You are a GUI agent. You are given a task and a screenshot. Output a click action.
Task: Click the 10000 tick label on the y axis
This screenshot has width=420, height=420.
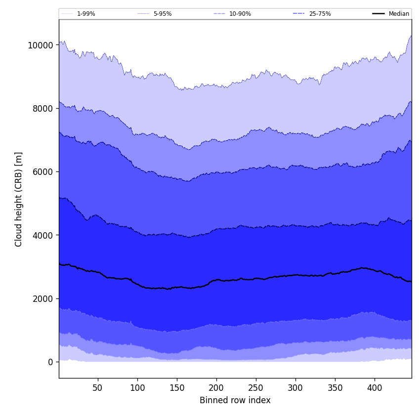pos(41,45)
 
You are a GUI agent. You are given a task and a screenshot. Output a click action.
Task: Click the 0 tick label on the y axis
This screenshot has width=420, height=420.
pos(50,362)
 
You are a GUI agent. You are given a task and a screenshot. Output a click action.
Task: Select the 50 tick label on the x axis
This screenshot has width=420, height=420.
pos(98,388)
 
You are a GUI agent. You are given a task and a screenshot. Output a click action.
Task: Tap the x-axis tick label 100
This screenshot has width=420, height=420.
pos(137,388)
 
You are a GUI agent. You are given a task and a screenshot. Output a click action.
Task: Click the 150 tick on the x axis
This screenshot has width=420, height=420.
pos(177,388)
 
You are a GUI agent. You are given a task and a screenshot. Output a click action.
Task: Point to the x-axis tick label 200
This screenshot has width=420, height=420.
pos(216,388)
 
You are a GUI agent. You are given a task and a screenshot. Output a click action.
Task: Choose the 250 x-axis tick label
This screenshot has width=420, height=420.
pos(256,388)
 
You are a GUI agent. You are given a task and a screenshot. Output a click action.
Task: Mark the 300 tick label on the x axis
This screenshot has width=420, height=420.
pos(295,388)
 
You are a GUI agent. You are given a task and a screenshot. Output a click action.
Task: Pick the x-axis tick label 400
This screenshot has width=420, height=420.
pos(375,388)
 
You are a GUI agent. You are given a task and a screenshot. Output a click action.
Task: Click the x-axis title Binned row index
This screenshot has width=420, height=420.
pos(235,400)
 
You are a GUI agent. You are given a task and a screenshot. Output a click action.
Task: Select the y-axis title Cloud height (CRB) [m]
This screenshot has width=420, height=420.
pos(19,199)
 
